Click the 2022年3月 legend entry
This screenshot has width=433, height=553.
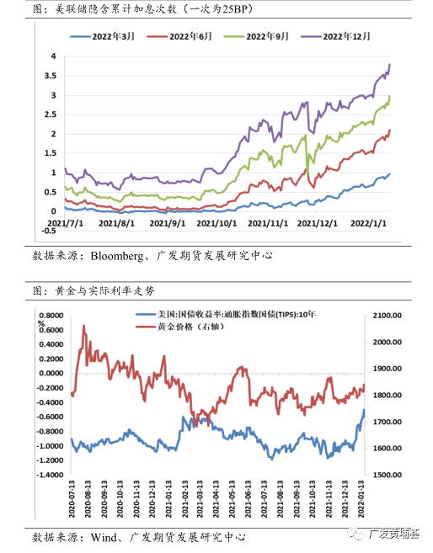(103, 36)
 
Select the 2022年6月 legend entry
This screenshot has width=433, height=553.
(179, 36)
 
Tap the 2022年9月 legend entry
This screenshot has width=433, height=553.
(257, 36)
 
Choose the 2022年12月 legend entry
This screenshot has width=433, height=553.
(335, 36)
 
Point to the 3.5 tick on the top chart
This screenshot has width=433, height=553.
(50, 76)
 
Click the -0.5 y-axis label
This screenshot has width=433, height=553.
(49, 231)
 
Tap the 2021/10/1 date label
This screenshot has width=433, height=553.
(216, 223)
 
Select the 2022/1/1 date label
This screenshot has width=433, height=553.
(368, 223)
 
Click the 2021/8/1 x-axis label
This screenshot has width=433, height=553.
(116, 223)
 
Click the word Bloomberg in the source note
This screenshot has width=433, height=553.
(117, 256)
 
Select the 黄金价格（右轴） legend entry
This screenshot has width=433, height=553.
(180, 327)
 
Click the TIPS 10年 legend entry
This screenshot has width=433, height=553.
(227, 314)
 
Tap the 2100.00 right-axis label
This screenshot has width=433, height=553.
(388, 316)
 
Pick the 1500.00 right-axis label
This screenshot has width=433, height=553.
(388, 475)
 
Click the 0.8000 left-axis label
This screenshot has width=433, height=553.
(51, 316)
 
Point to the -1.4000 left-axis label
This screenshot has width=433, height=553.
(50, 475)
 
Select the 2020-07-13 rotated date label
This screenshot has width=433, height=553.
(72, 499)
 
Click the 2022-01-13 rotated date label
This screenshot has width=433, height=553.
(361, 499)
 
